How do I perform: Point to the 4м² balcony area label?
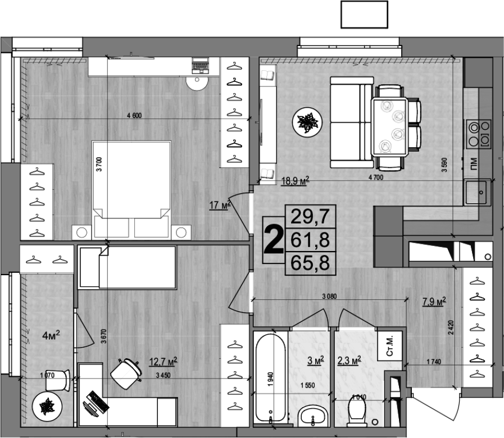click(51, 335)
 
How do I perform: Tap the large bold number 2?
click(273, 240)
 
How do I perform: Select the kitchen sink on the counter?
click(478, 193)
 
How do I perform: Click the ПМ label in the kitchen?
click(474, 163)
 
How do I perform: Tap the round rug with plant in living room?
click(307, 121)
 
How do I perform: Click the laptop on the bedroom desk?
click(200, 66)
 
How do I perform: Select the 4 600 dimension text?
click(134, 116)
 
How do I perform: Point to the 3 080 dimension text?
click(330, 296)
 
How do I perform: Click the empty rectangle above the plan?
click(365, 14)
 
